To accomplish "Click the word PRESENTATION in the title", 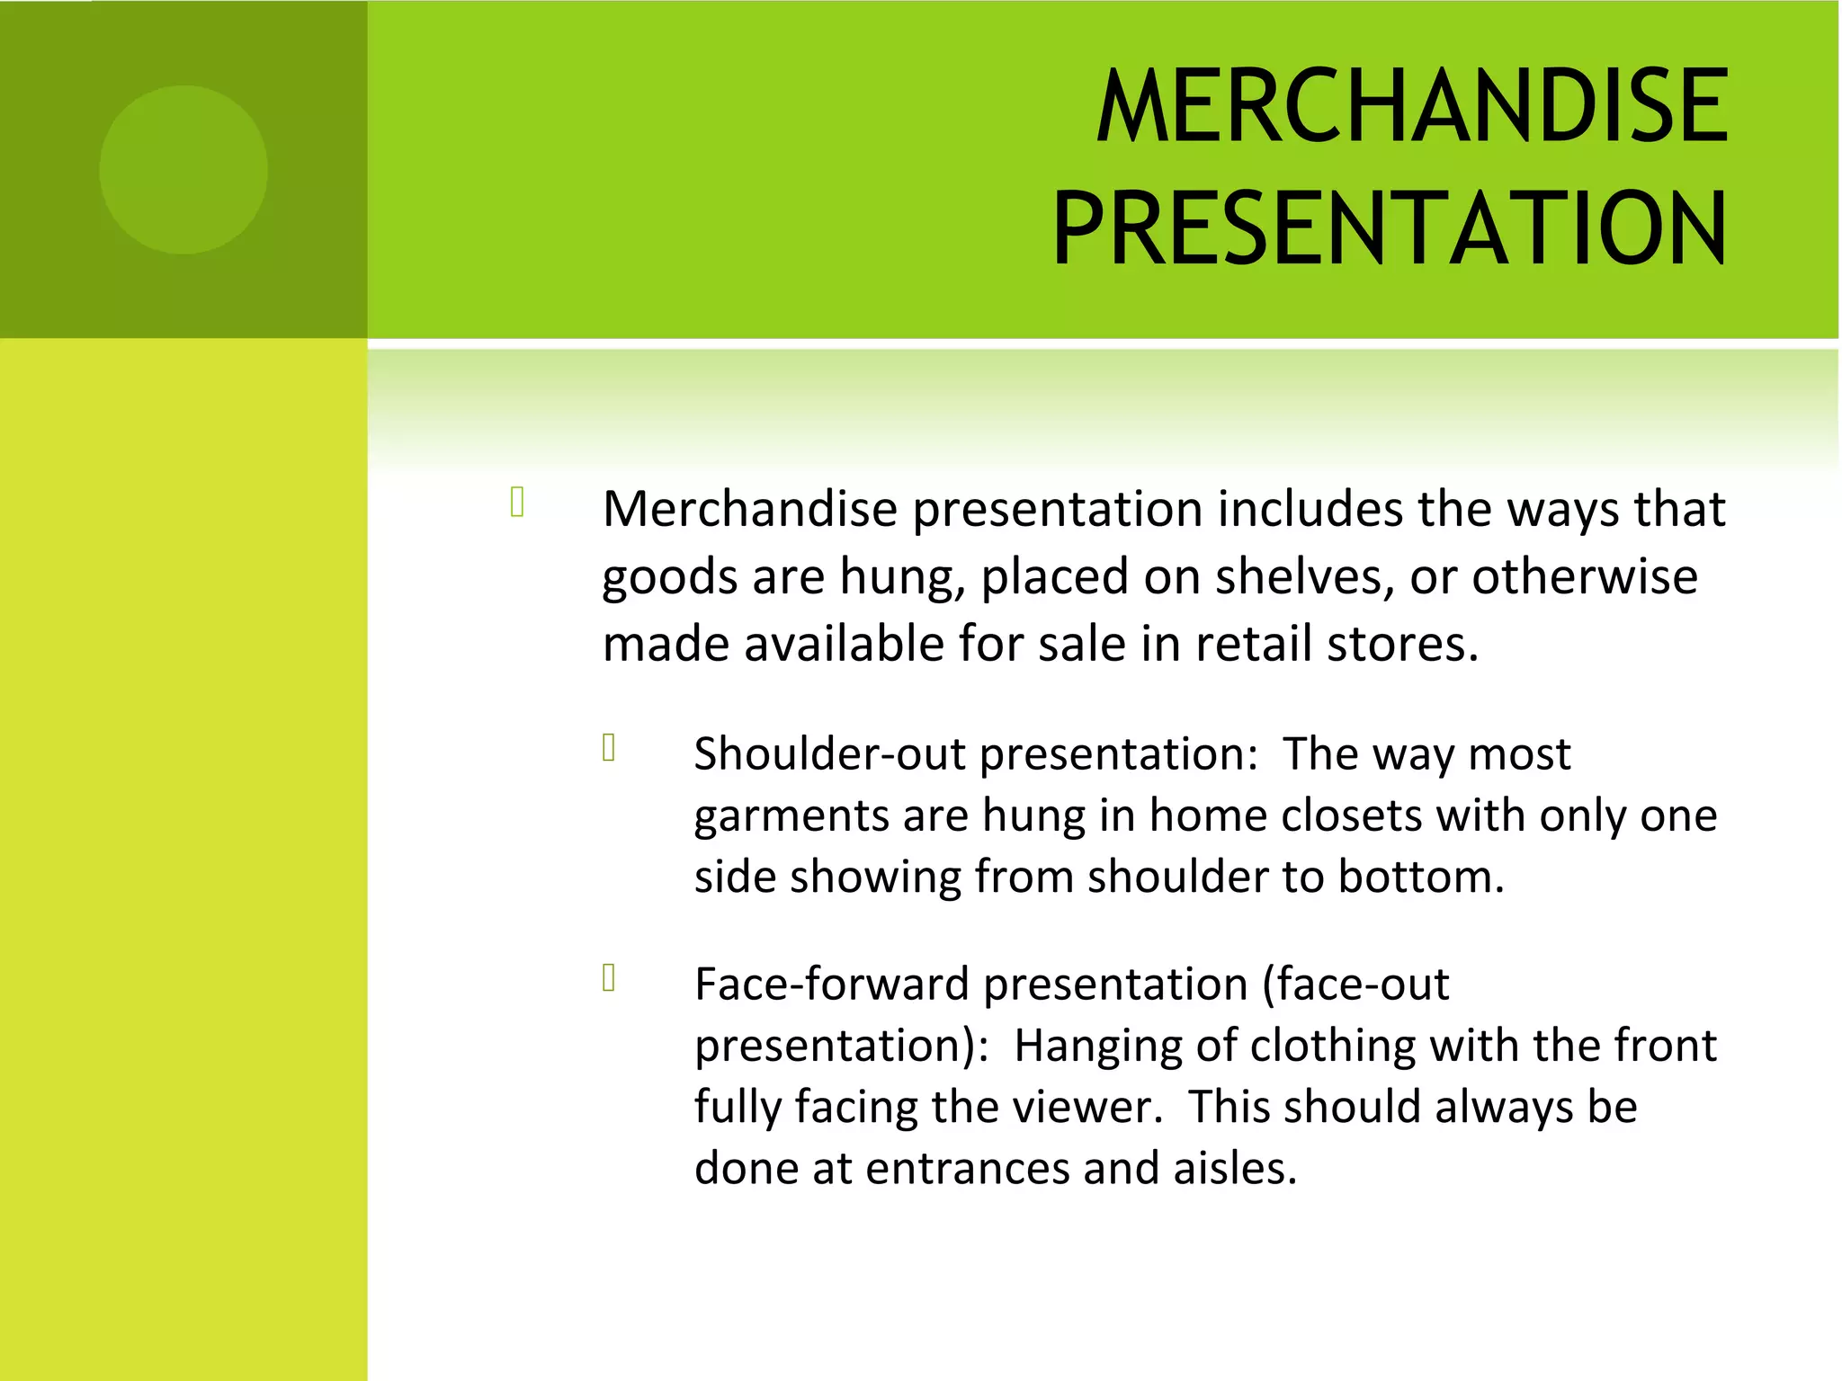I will click(1390, 228).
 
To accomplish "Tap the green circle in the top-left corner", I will click(183, 170).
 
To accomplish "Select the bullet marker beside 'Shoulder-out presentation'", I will click(609, 747).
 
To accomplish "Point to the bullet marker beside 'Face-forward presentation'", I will click(609, 977).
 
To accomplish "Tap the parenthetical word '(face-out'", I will click(1355, 984).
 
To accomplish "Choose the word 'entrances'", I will click(967, 1169).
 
